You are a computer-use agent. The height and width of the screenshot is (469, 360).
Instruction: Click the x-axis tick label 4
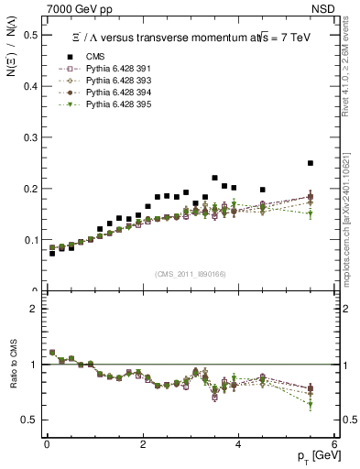(x=238, y=443)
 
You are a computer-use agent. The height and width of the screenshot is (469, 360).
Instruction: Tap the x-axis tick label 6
(x=334, y=443)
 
